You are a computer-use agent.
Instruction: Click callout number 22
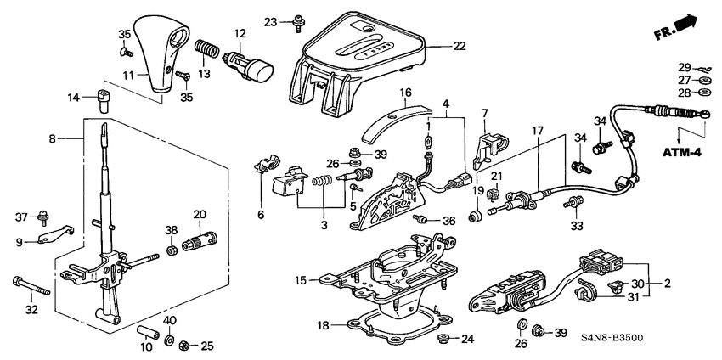point(458,46)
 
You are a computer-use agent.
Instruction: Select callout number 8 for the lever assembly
point(53,137)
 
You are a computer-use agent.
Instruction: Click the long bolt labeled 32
point(31,284)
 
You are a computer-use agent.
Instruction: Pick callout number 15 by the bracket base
point(300,278)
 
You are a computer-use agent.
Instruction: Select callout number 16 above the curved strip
point(406,92)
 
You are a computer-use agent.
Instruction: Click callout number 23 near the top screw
point(271,20)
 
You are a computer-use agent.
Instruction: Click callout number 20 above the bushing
point(200,214)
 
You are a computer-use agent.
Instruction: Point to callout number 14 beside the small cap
point(73,98)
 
